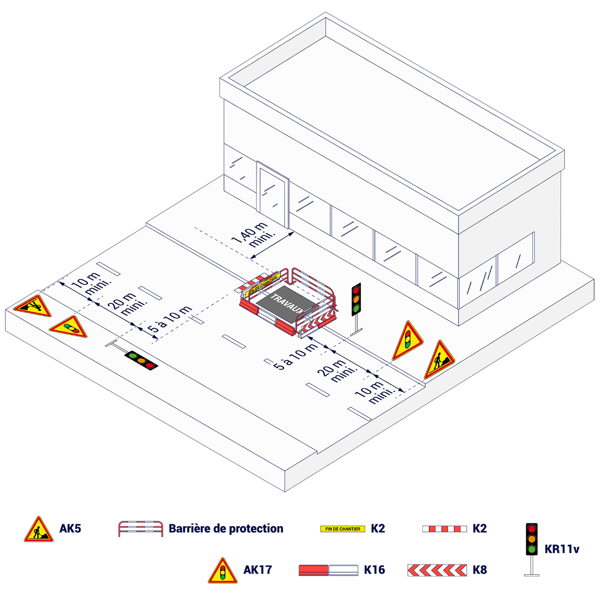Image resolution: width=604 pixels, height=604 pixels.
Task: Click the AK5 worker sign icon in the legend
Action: point(39,529)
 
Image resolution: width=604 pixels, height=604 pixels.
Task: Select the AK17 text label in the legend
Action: point(258,570)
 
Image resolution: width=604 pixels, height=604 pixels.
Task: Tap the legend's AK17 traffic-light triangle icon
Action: point(222,571)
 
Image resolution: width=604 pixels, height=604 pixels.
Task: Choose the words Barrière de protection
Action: point(226,528)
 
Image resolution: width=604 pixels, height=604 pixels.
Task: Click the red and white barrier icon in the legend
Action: point(140,528)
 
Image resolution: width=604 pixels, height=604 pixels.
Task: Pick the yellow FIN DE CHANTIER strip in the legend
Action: point(342,529)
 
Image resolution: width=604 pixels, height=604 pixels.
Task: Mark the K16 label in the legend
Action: point(374,570)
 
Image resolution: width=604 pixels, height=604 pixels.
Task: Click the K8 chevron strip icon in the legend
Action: point(437,570)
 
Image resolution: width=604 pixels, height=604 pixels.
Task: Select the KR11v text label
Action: point(562,549)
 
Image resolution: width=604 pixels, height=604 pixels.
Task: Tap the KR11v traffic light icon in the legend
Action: point(531,549)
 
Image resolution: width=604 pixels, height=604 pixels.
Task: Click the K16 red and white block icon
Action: point(329,570)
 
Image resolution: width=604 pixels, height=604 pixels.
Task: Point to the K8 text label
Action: point(480,570)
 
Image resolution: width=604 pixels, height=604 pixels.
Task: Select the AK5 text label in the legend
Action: point(70,528)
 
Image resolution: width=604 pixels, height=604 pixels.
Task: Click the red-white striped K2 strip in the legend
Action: point(444,529)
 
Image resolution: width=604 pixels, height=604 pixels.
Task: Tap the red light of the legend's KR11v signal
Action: point(531,529)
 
